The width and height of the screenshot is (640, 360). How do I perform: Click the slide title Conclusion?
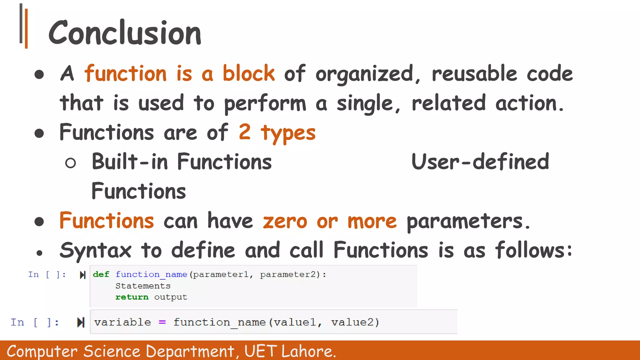[125, 33]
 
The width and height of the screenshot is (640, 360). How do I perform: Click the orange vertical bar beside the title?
[26, 29]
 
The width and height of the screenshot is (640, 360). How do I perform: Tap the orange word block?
[248, 73]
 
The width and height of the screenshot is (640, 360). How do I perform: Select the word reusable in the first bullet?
[474, 73]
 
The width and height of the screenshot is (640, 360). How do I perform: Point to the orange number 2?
[245, 132]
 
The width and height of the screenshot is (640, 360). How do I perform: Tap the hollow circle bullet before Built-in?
[71, 163]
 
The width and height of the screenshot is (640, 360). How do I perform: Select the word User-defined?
[480, 162]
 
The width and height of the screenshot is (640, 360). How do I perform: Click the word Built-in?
[130, 162]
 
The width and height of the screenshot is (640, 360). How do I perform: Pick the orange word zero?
[285, 221]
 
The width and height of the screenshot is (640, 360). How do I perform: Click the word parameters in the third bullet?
[465, 222]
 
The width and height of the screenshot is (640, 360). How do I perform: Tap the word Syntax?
[96, 251]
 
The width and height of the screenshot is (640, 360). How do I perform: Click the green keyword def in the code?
[101, 274]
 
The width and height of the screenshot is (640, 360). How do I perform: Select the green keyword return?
[132, 297]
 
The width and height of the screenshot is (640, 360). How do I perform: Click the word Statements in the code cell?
[143, 286]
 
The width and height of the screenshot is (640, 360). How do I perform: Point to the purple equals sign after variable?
[162, 322]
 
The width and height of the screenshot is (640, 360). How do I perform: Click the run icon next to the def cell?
[82, 275]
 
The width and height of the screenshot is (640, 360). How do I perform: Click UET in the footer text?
[260, 351]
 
